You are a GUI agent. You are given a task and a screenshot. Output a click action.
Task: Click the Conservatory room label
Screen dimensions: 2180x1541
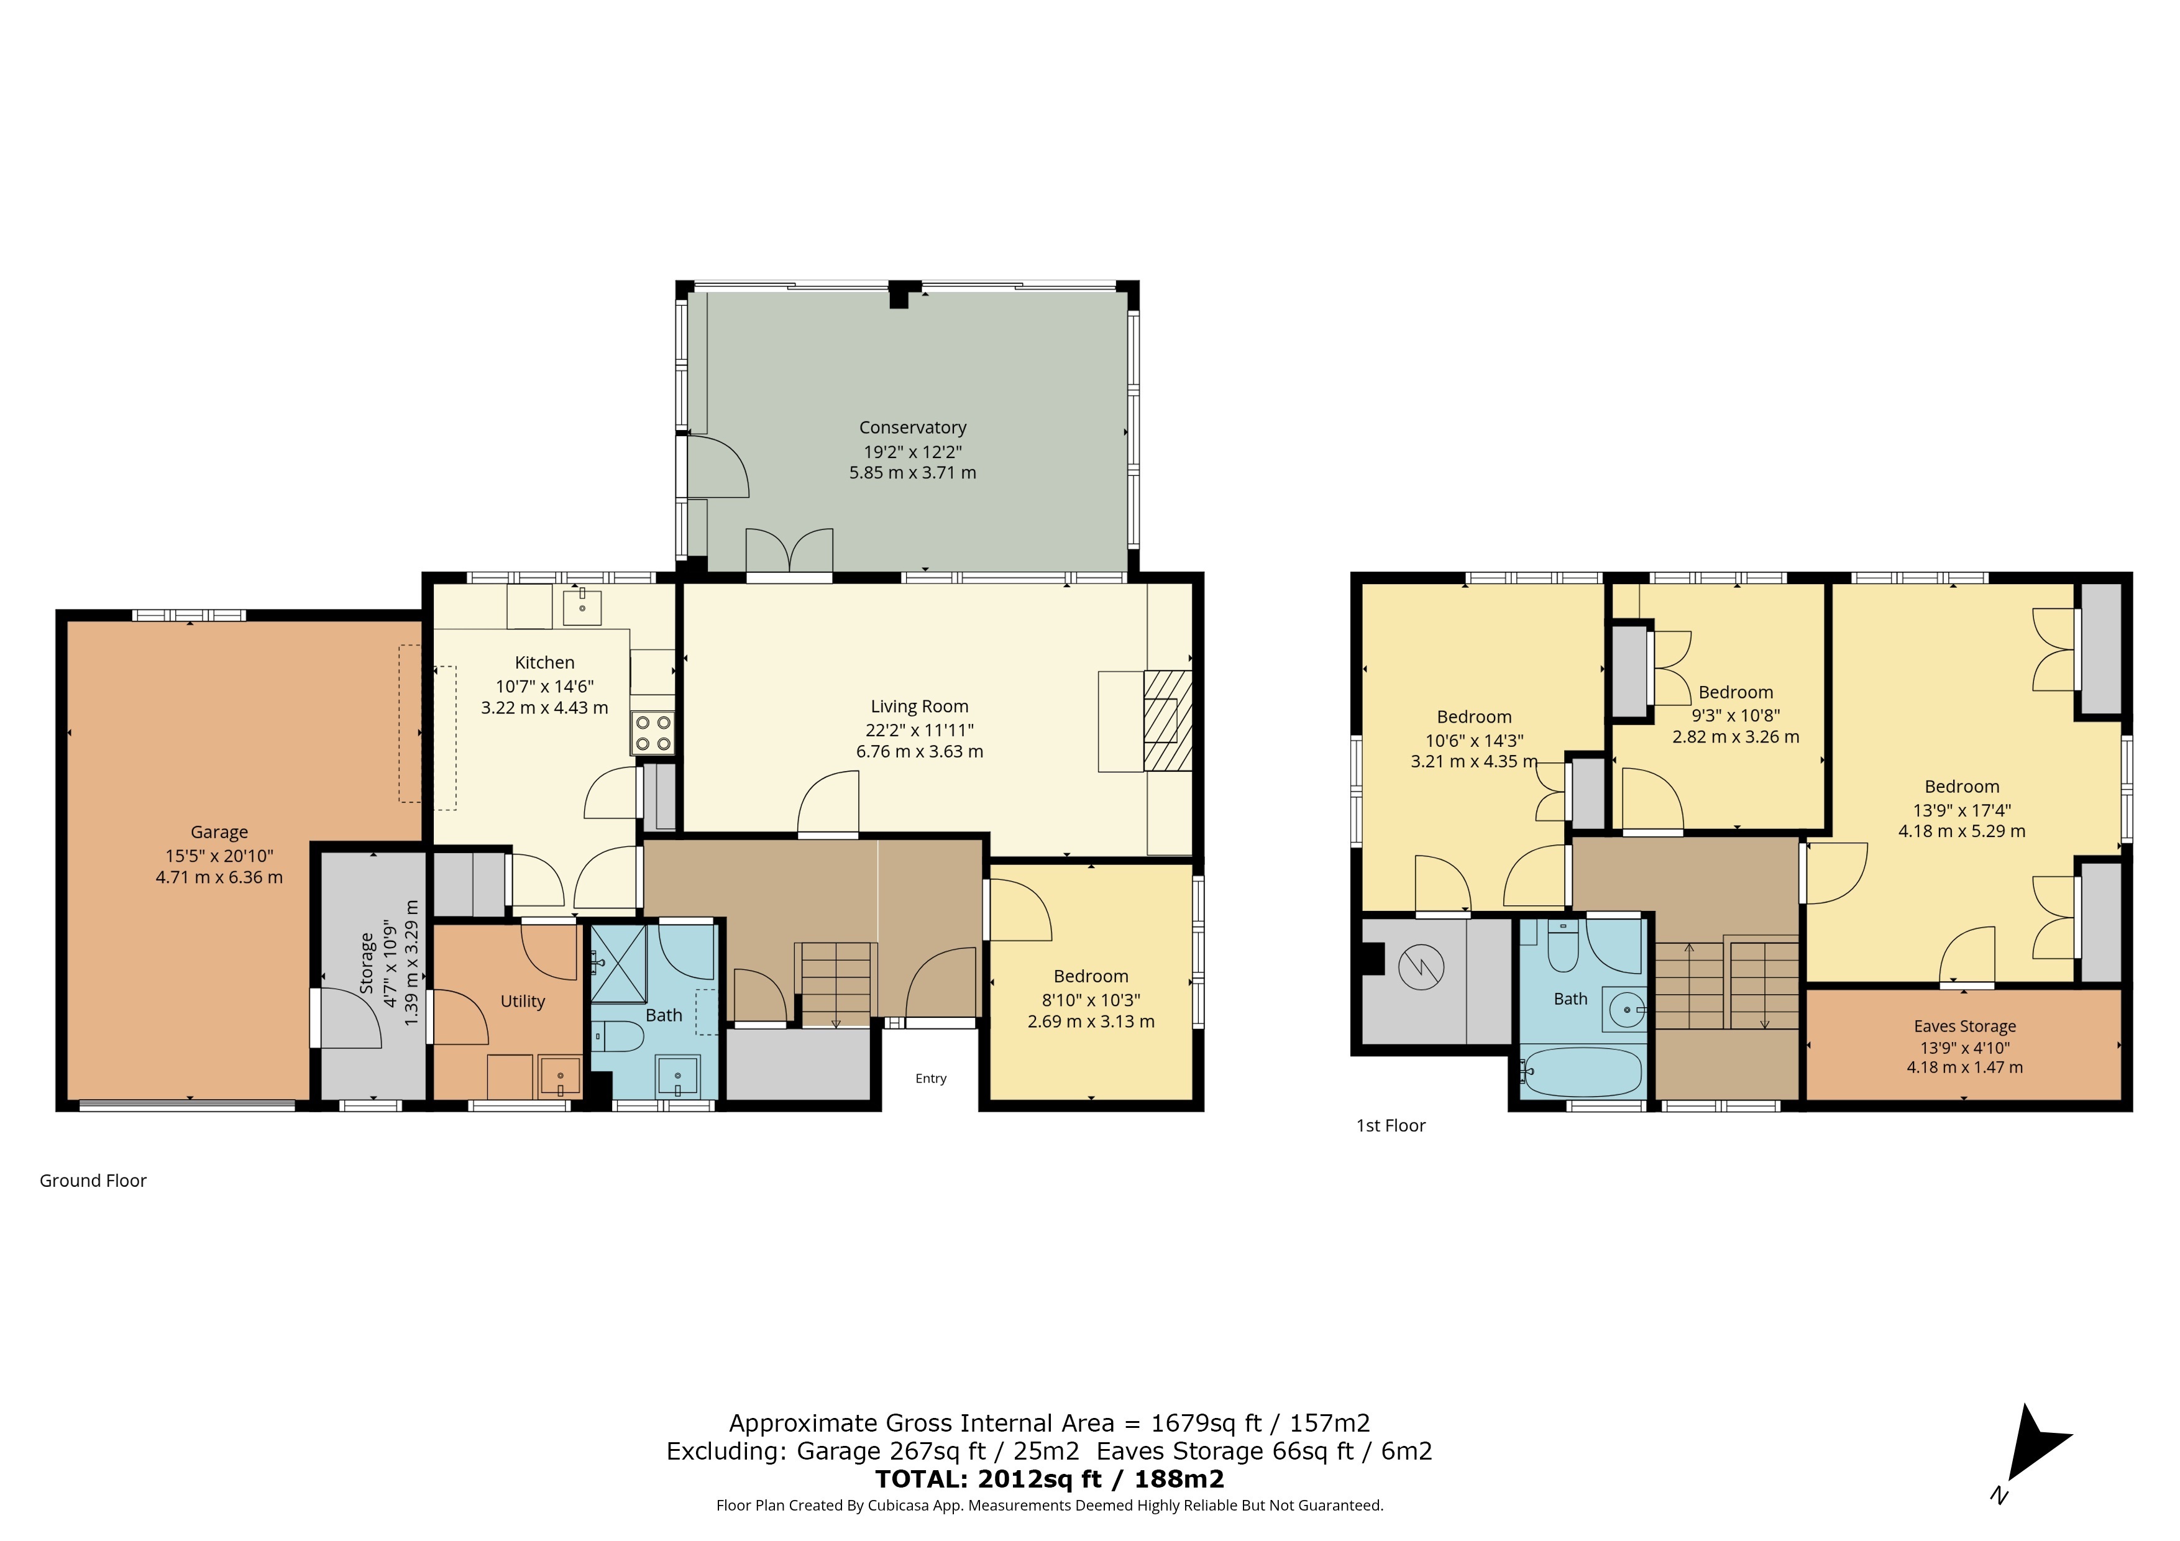[x=912, y=428]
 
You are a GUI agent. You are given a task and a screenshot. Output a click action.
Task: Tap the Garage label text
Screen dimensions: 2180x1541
[x=219, y=833]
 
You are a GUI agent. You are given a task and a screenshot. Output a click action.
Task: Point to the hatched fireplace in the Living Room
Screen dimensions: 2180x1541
[x=1167, y=720]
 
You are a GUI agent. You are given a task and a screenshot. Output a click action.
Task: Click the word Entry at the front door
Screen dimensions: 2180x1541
[x=930, y=1079]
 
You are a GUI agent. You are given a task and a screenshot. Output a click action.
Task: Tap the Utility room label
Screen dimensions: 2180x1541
[x=522, y=1002]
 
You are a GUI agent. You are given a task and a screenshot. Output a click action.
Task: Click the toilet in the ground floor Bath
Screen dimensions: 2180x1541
[x=619, y=1036]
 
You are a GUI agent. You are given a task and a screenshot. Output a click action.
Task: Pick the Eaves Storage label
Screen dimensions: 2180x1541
[x=1964, y=1027]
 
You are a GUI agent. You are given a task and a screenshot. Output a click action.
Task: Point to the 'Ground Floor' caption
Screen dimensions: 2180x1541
[x=93, y=1181]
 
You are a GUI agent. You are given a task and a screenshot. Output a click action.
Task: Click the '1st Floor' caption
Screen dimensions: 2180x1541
[x=1391, y=1126]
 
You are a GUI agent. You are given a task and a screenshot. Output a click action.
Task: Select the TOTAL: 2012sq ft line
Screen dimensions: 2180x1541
[x=1049, y=1479]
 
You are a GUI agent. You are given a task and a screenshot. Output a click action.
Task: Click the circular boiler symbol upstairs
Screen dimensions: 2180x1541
[x=1421, y=967]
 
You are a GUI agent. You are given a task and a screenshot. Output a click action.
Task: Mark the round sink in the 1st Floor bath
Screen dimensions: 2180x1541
[x=1626, y=1008]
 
